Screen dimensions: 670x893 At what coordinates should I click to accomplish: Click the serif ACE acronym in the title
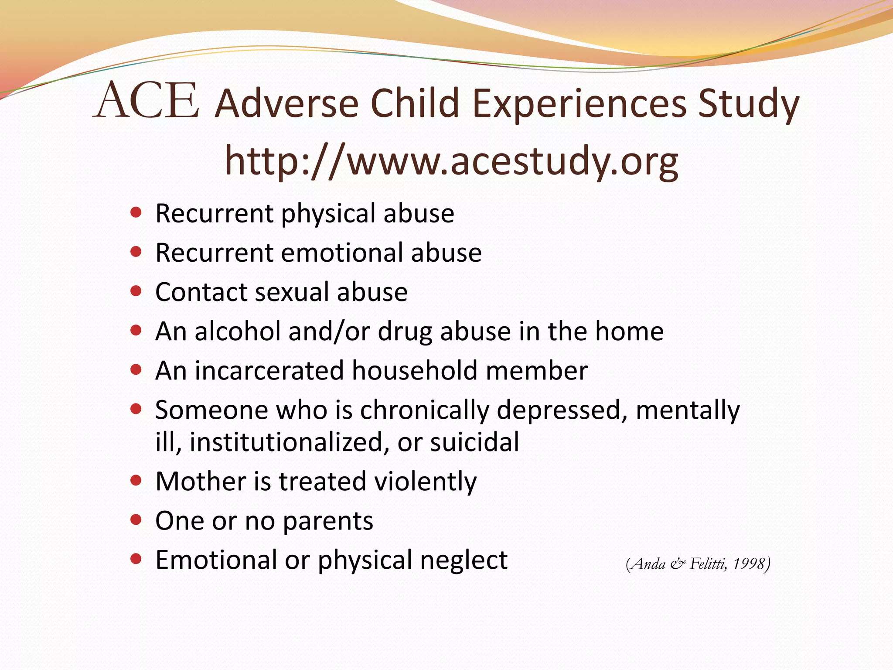click(147, 101)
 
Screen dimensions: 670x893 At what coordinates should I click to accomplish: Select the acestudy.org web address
click(451, 161)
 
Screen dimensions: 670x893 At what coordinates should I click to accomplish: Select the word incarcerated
click(269, 371)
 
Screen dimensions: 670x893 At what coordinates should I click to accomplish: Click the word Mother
click(201, 482)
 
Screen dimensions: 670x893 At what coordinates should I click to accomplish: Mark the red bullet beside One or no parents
click(136, 520)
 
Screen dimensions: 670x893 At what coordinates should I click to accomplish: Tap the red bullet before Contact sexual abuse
click(136, 291)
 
